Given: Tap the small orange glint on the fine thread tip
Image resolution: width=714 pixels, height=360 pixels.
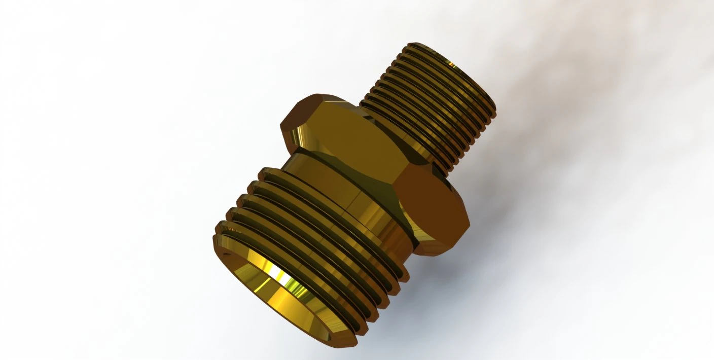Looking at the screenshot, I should click(448, 63).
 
